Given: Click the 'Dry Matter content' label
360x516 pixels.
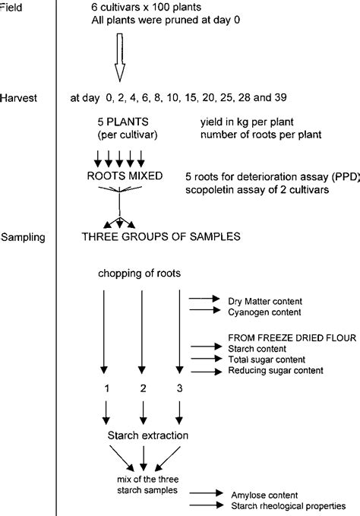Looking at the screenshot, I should click(265, 299).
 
